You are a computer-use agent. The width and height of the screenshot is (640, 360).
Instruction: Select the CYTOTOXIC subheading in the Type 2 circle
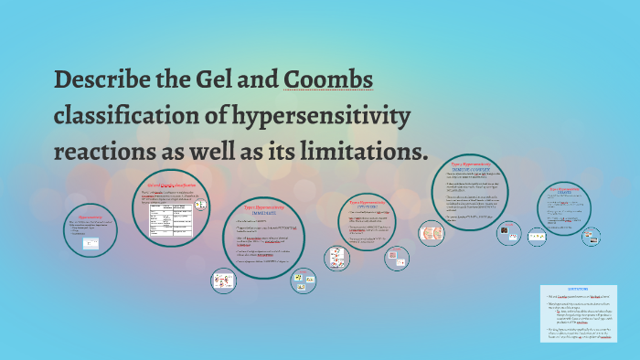click(365, 206)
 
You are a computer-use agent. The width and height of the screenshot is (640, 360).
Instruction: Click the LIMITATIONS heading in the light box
click(578, 290)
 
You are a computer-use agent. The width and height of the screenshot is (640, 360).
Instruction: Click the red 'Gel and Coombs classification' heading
click(178, 186)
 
